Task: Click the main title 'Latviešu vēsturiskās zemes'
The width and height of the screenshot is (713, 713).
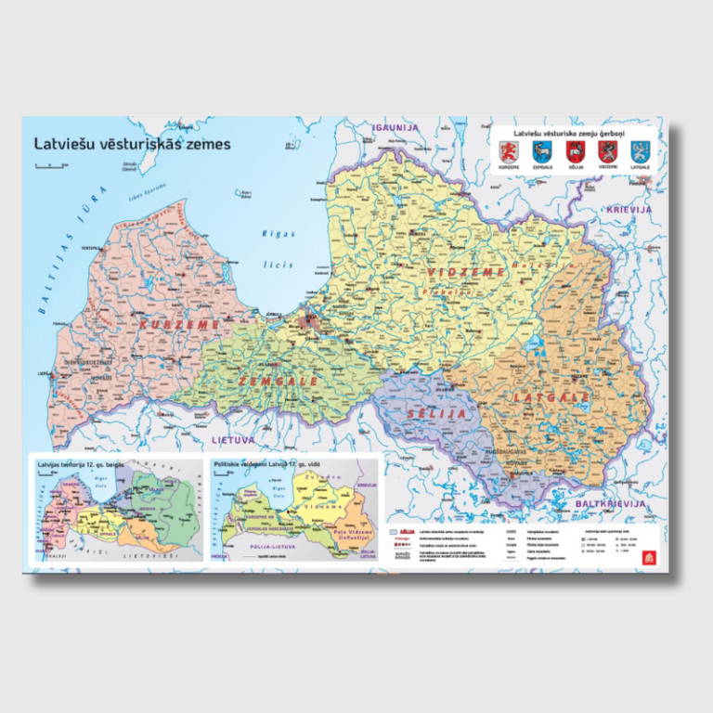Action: point(133,145)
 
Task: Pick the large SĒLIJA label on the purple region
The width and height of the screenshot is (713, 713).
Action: point(434,412)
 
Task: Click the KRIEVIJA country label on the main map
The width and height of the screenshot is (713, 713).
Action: point(629,210)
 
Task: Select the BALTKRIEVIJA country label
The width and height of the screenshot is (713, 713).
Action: point(610,503)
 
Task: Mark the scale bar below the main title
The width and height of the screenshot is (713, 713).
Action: point(49,164)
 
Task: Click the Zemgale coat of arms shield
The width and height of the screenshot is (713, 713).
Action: point(541,151)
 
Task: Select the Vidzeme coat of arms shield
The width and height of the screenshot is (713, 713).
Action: point(607,151)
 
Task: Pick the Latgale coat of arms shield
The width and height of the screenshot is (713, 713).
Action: point(640,151)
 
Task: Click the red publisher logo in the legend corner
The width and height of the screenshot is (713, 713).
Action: point(648,556)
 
